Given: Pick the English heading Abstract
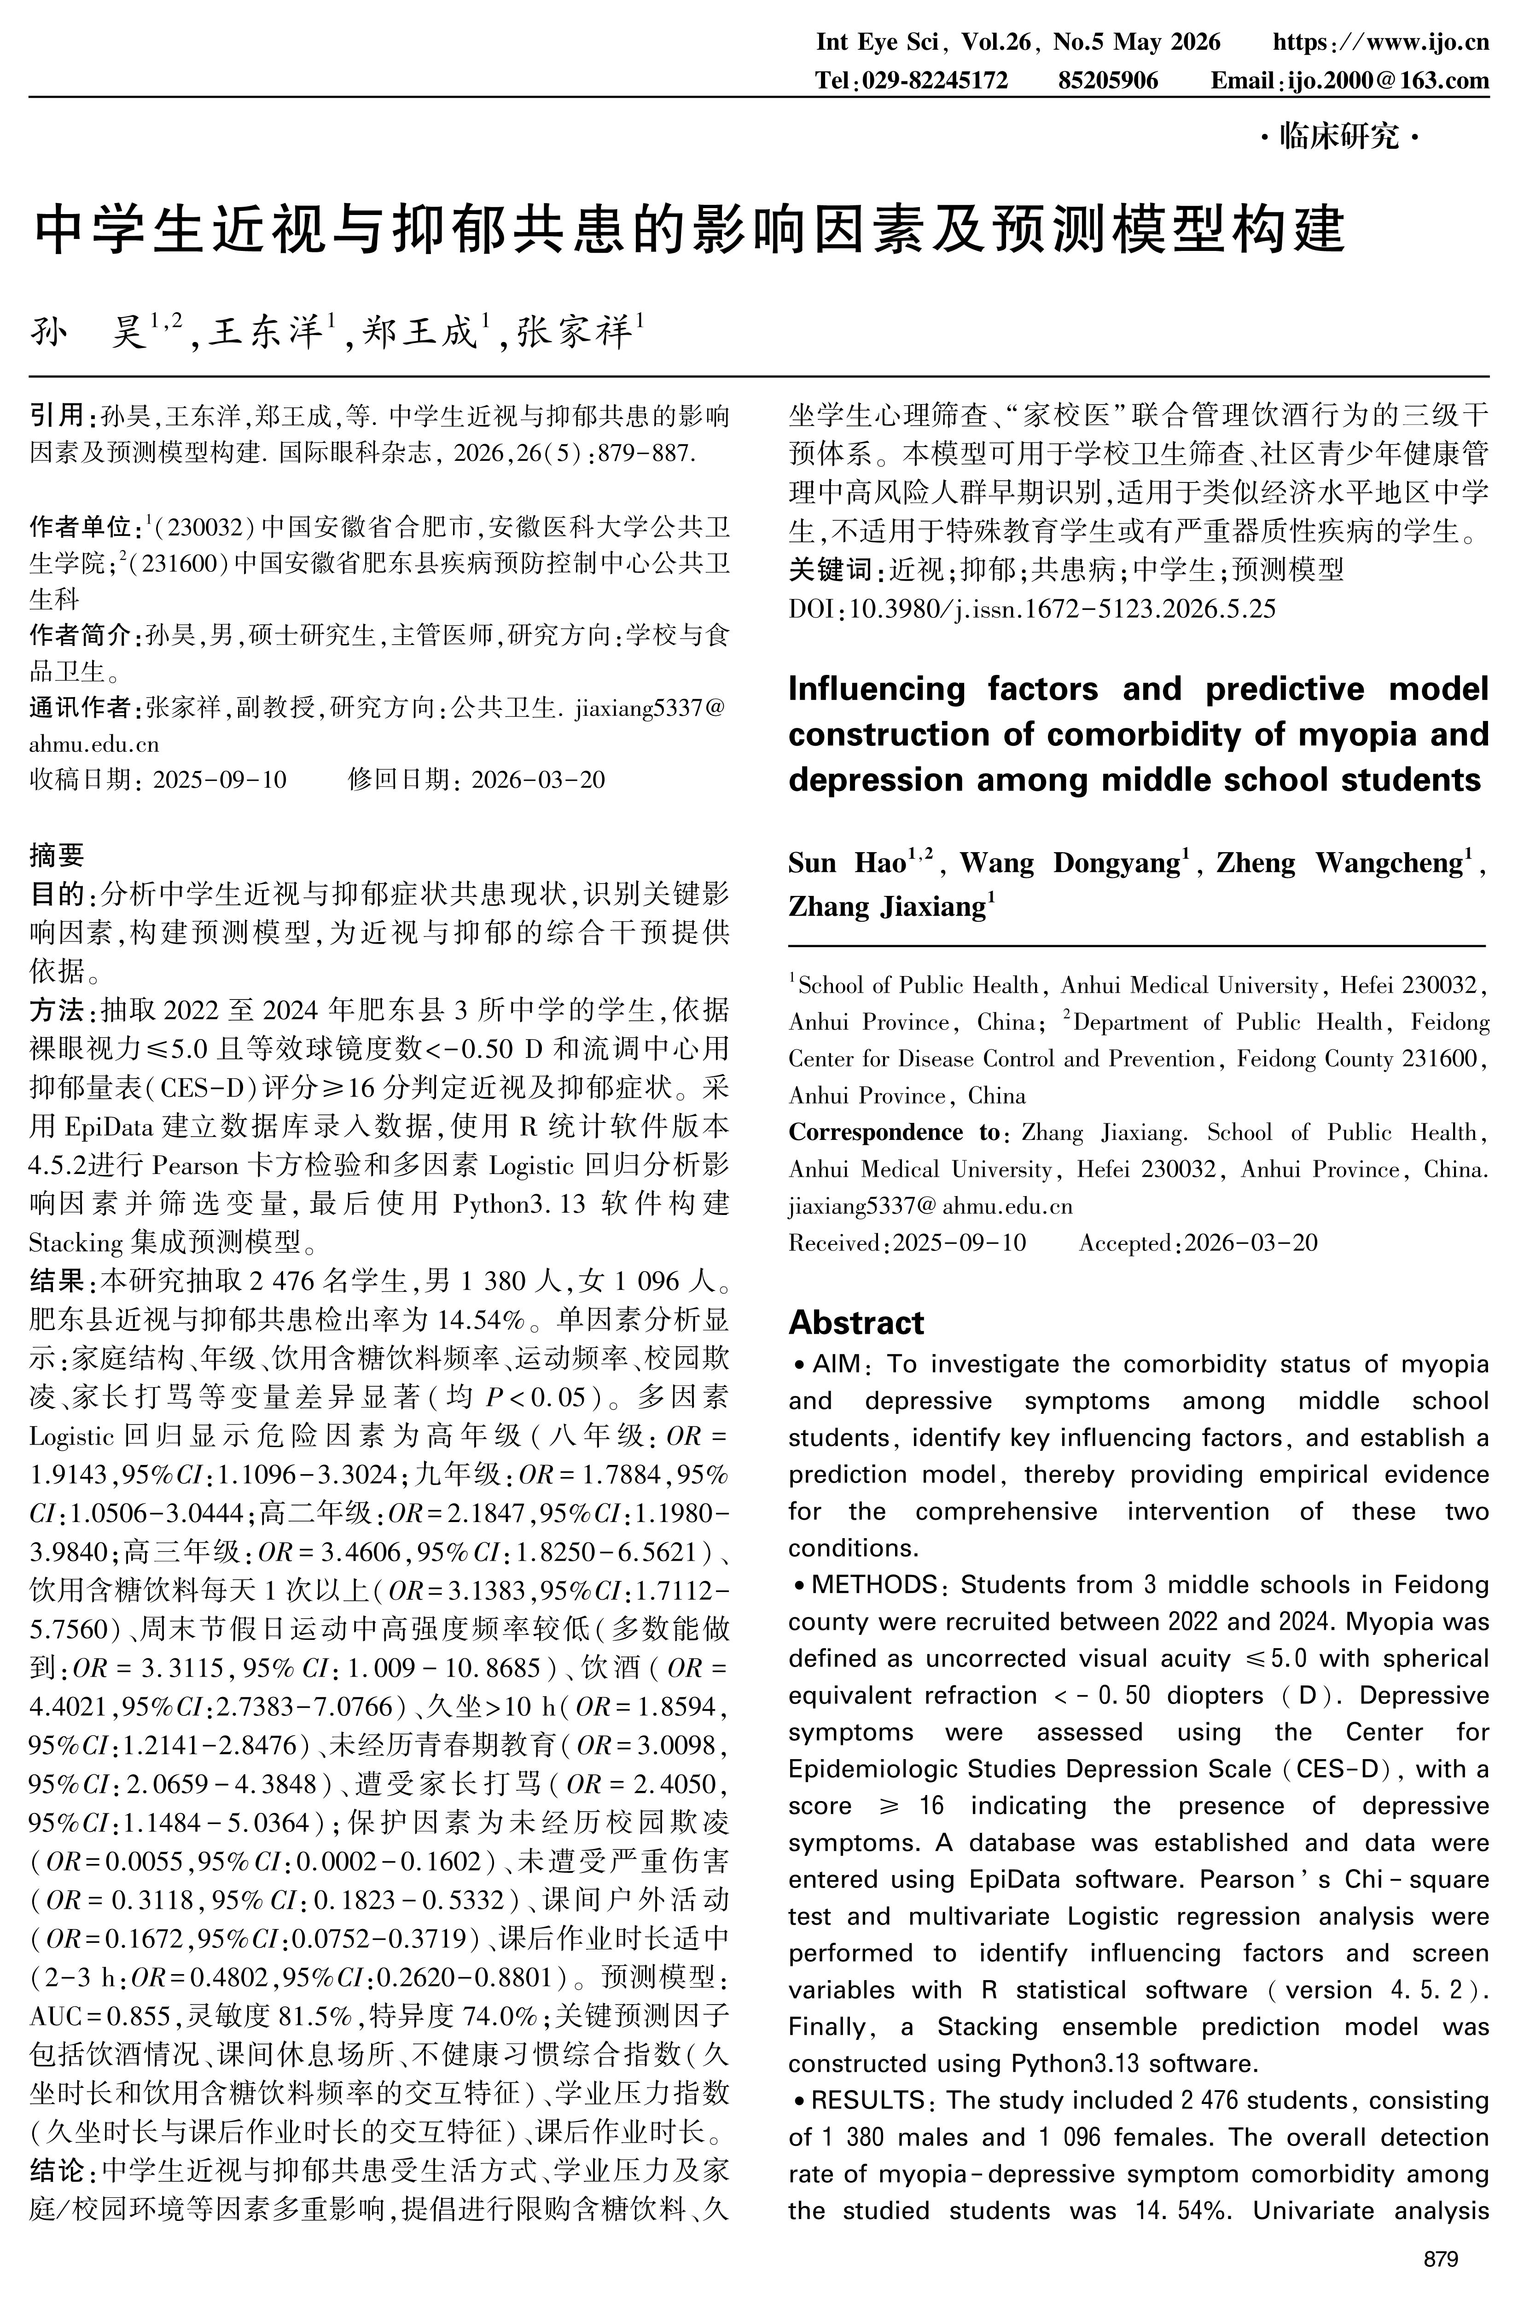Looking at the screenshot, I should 856,1322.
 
